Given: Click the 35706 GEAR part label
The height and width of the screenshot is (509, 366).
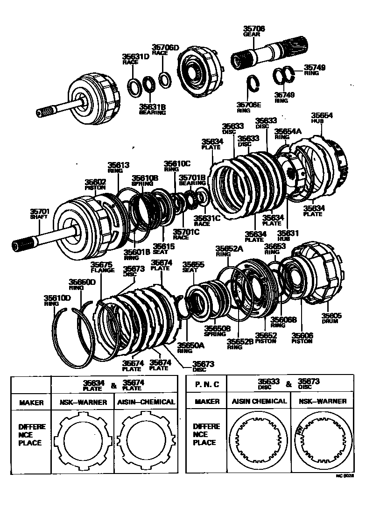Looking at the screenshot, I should point(254,31).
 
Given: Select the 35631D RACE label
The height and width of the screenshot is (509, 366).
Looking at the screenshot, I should point(135,59).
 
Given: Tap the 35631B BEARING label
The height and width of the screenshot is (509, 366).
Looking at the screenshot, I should point(152,109).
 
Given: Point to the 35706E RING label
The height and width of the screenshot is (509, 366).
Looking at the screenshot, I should point(249,108).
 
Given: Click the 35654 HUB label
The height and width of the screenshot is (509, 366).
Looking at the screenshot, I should point(322,118).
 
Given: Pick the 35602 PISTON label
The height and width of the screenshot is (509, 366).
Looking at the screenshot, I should point(96,184).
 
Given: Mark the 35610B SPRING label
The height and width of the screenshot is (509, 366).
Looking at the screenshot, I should point(145,181).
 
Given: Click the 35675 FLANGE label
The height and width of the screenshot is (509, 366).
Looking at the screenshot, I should point(102,267).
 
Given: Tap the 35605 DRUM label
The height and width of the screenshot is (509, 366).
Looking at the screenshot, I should point(332,318).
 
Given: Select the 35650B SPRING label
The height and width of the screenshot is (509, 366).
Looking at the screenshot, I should point(217,331).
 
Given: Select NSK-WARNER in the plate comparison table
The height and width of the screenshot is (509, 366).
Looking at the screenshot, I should point(83,402).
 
